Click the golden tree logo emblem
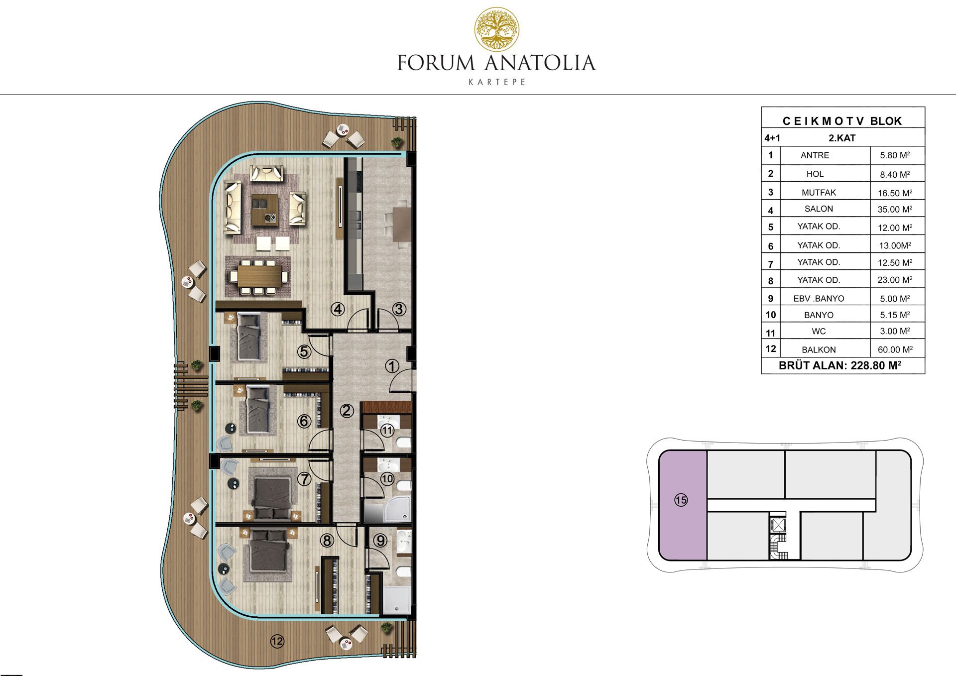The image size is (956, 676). coord(496,29)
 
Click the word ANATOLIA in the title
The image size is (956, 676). coord(540,63)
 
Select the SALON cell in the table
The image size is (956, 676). coord(819,209)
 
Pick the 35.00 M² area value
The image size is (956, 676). coord(895,210)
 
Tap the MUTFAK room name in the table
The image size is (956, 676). coord(819,193)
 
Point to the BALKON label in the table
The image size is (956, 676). coord(819,350)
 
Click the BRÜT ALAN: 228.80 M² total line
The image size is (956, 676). coord(840,365)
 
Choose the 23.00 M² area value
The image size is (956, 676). coord(895,280)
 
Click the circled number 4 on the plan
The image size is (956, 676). coord(338,309)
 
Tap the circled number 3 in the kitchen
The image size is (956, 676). coord(399,309)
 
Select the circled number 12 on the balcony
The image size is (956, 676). coord(277,641)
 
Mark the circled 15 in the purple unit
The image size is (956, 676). coord(681,500)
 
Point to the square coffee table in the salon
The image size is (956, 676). coord(265,210)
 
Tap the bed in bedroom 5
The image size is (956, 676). coord(249,337)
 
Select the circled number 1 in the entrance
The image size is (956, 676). coord(392,366)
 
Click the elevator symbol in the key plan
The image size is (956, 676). coord(777,525)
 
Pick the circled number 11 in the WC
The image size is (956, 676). coord(387,430)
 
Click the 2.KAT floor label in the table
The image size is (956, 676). coord(842,138)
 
